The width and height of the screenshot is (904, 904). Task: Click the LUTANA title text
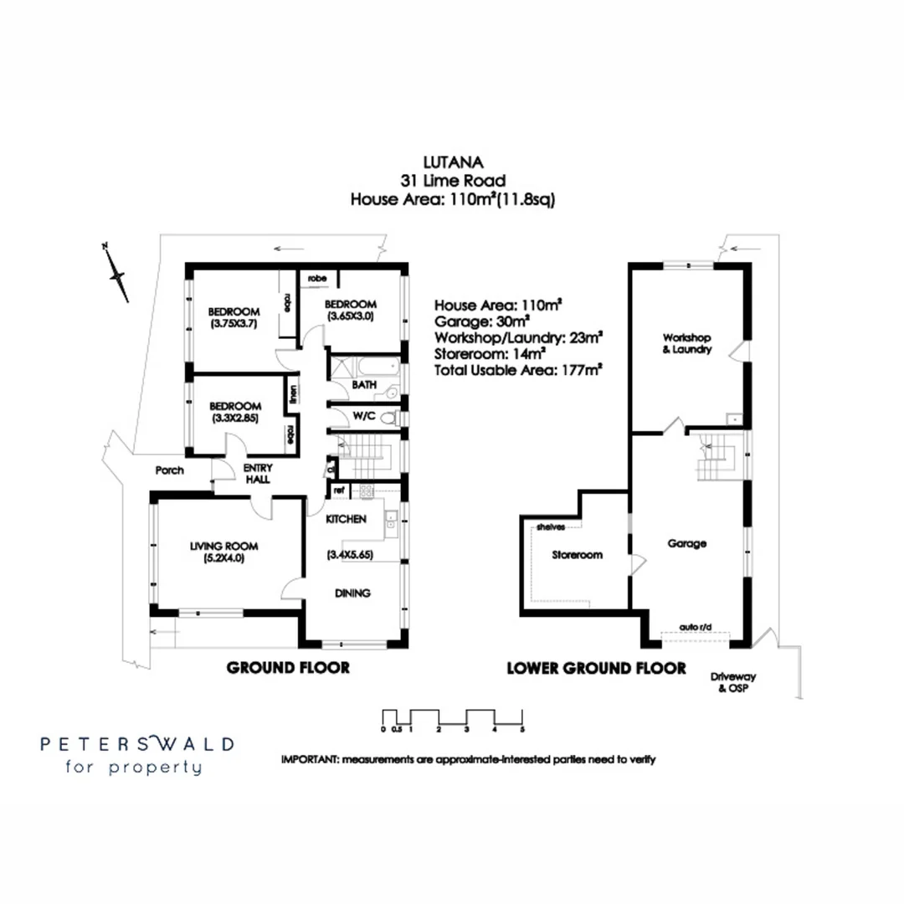click(452, 164)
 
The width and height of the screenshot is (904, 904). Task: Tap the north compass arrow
click(116, 273)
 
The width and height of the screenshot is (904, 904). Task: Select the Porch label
click(169, 470)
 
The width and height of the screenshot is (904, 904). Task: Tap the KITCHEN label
click(346, 519)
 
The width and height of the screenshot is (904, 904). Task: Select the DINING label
click(352, 593)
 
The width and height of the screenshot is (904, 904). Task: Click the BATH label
click(363, 386)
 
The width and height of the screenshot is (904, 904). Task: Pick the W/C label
click(363, 416)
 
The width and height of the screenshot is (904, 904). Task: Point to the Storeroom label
click(577, 555)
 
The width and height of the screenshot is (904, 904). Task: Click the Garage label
click(686, 543)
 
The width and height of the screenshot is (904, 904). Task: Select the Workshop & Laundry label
click(686, 344)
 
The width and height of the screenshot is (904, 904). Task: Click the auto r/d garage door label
click(694, 627)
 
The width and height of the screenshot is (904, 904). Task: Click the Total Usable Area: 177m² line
click(519, 367)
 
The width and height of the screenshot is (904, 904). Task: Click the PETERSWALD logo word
click(138, 743)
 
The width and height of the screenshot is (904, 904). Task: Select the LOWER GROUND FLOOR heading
click(596, 668)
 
